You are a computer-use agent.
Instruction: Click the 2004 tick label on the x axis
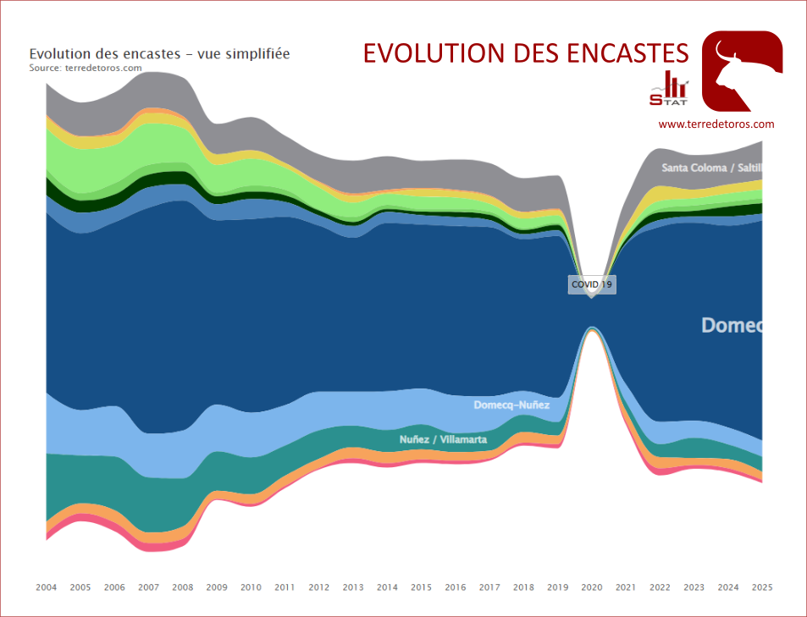(47, 587)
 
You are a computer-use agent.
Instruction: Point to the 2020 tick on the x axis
(592, 587)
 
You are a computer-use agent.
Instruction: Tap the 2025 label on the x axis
(762, 587)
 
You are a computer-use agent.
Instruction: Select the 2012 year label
(319, 587)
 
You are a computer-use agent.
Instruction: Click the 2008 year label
(183, 587)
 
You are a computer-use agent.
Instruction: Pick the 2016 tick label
(456, 587)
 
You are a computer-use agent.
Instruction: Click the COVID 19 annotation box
(591, 284)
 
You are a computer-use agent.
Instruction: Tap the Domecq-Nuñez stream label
(511, 405)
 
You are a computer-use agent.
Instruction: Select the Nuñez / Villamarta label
(443, 439)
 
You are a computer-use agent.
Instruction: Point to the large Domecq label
(732, 325)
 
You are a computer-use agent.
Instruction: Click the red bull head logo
(743, 71)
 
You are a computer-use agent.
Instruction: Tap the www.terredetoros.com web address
(716, 124)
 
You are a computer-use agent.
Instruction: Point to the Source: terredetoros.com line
(86, 68)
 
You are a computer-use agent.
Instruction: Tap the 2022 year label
(660, 587)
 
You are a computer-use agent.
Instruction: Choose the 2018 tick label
(523, 587)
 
